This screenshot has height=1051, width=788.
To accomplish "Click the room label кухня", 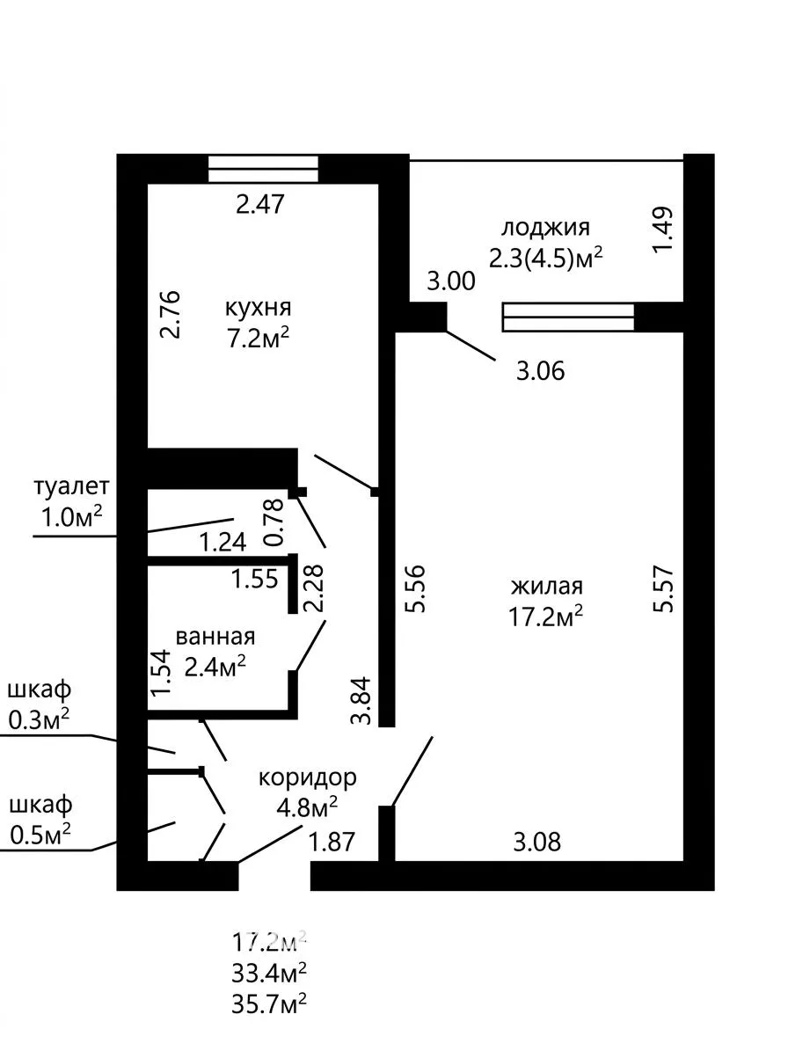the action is (x=258, y=309).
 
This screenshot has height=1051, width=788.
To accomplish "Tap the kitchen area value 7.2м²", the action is (x=258, y=339).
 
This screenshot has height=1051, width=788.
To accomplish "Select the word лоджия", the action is (x=545, y=228).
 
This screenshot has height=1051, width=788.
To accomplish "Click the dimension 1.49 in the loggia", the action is (x=663, y=230).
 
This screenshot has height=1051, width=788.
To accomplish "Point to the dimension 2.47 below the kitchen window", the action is (x=260, y=204).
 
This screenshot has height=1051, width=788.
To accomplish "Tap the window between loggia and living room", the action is (x=568, y=317).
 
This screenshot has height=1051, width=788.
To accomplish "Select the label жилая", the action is (x=547, y=587).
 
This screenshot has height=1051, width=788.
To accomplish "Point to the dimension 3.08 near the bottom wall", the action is (x=536, y=842).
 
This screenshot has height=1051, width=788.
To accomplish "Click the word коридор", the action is (x=308, y=778).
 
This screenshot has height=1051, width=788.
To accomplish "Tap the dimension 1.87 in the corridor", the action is (x=331, y=842).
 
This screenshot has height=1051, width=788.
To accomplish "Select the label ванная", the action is (x=215, y=636).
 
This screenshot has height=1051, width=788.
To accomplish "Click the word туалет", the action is (x=71, y=486).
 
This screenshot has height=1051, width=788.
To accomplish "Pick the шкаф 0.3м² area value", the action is (x=39, y=720).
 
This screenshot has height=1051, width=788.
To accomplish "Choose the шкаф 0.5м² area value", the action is (x=40, y=835).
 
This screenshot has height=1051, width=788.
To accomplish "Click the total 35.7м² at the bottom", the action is (x=269, y=1004).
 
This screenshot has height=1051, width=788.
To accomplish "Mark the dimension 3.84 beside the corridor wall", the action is (x=361, y=699).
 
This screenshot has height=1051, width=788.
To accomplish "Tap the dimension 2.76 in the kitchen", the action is (x=171, y=314).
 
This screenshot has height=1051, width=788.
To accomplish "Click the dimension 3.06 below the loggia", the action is (x=540, y=370).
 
